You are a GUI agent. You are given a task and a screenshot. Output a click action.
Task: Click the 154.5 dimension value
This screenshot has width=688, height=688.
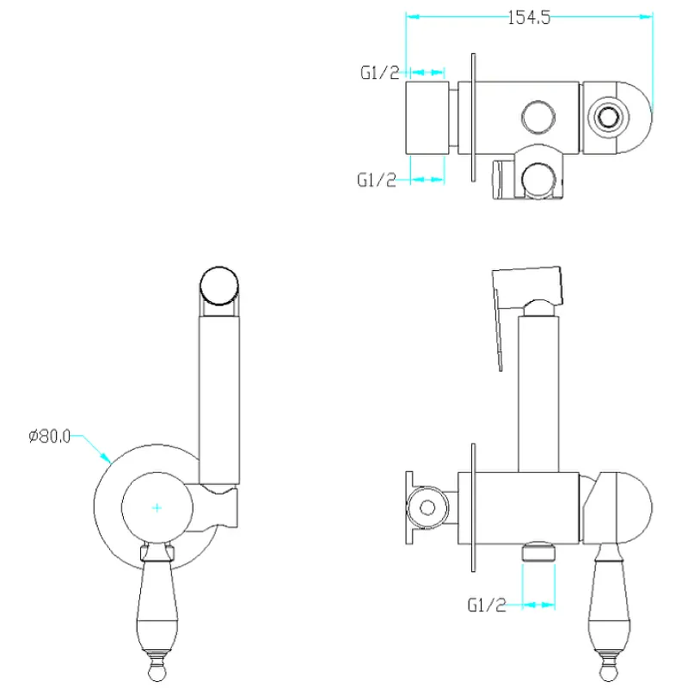coord(529,18)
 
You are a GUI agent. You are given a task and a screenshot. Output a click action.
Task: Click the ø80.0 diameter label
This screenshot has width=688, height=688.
coord(50,436)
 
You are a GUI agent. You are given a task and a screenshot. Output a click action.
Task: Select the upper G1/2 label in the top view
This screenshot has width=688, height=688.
coord(380,72)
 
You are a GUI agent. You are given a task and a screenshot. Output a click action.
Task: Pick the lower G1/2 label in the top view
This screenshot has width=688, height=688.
coord(377,180)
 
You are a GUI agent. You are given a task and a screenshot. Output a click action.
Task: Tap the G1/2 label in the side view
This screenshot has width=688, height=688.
coord(487,605)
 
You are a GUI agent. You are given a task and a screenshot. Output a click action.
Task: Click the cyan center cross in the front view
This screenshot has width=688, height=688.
coord(157,507)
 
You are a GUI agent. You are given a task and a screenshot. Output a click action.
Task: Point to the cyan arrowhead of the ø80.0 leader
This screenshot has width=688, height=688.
coord(106,458)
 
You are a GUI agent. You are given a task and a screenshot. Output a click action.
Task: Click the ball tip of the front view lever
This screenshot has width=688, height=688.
coord(157,672)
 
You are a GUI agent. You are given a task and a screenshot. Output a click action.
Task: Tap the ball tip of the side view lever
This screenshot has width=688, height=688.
coord(609,672)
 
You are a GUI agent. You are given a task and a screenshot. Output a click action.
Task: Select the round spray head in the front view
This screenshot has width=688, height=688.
coord(219,286)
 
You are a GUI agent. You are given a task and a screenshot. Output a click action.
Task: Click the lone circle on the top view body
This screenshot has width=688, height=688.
coord(538,117)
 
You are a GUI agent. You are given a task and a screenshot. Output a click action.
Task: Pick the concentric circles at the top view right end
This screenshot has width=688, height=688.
coord(608,117)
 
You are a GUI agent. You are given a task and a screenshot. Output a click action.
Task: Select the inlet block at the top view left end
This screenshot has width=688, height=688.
coord(427,118)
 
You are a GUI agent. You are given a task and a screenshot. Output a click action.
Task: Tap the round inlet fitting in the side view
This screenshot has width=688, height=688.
coord(427,507)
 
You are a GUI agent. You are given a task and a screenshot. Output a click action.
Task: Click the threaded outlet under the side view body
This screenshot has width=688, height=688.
coord(538,551)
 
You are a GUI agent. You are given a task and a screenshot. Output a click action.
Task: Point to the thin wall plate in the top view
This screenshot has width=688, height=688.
coord(474,118)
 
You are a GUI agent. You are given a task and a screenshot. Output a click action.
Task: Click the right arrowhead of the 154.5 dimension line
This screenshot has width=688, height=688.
coord(647,16)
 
